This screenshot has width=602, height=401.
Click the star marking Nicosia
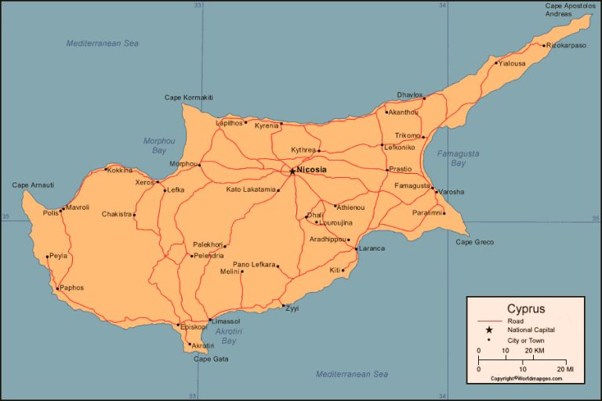pos(292,170)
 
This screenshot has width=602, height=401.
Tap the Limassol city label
pos(226,321)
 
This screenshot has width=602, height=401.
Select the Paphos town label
pos(71,287)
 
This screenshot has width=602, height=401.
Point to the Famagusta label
pos(412,186)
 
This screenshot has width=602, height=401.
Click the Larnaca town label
pos(372,248)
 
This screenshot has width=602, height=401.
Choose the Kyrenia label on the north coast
pos(267,125)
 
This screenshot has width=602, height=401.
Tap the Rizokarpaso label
pos(567,45)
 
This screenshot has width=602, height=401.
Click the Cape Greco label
pos(474,242)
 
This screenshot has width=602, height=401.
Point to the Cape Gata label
pos(211,359)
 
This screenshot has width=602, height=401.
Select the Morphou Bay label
pos(159,146)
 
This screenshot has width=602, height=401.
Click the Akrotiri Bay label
pos(228,336)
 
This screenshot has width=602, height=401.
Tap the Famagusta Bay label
pos(458,158)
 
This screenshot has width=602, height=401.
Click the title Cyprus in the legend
pos(525,309)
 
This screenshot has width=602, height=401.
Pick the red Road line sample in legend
pos(489,320)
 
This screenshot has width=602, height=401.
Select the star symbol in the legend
pos(489,330)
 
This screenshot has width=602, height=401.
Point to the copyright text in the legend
pos(526,378)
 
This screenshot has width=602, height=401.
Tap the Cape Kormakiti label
pos(188,97)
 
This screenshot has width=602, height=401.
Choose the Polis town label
pos(50,212)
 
